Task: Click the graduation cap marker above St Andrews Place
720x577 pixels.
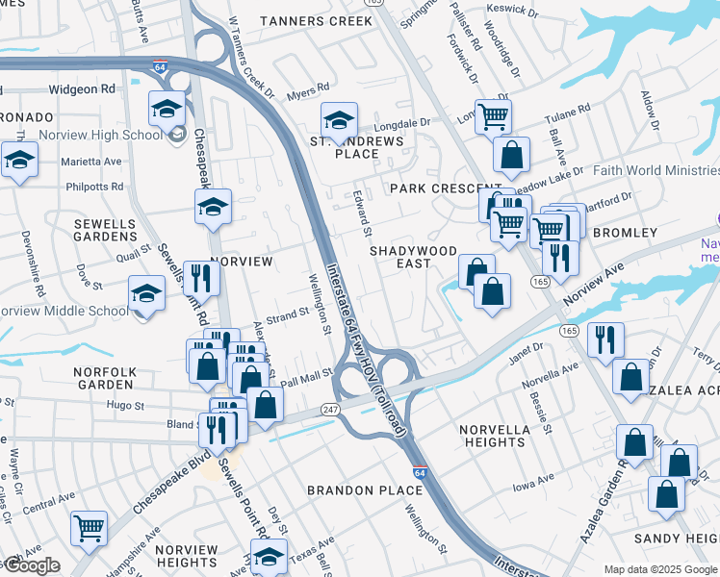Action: pos(339,120)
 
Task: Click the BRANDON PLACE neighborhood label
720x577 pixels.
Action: pos(365,490)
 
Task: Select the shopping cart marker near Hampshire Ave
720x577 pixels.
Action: pos(89,526)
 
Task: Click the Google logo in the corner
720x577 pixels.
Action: pos(31,565)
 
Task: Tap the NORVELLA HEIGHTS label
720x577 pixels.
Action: pos(493,436)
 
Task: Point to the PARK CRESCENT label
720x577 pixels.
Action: pos(446,188)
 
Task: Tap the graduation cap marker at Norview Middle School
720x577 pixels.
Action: pos(146,293)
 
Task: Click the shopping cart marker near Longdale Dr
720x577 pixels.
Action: pos(493,117)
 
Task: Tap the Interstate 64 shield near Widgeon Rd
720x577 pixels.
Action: pos(161,65)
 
